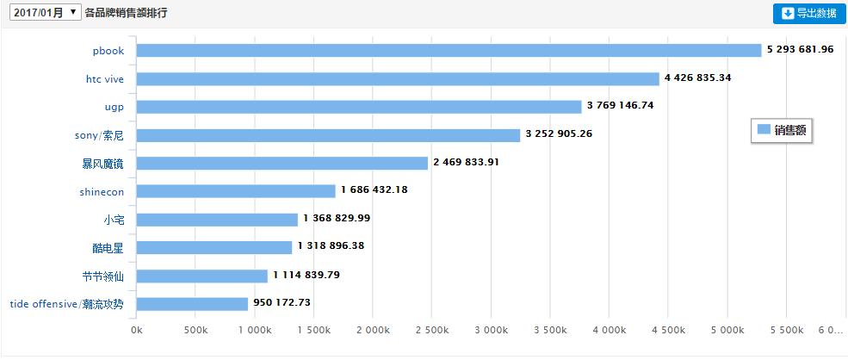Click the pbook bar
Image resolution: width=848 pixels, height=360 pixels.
point(448,50)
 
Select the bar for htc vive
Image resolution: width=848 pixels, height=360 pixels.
point(397,78)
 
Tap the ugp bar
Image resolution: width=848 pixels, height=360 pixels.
point(358,107)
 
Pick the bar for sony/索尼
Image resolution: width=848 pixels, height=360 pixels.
point(328,135)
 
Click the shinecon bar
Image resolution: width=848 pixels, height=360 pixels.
point(235,191)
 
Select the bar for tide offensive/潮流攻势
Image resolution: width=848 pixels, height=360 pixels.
point(192,304)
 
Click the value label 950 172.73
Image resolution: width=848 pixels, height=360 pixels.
point(294,303)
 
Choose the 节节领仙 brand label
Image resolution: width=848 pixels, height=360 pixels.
point(108,276)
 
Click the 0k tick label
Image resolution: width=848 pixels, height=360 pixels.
point(136,330)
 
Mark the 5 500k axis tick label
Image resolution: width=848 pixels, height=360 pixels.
point(786,330)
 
